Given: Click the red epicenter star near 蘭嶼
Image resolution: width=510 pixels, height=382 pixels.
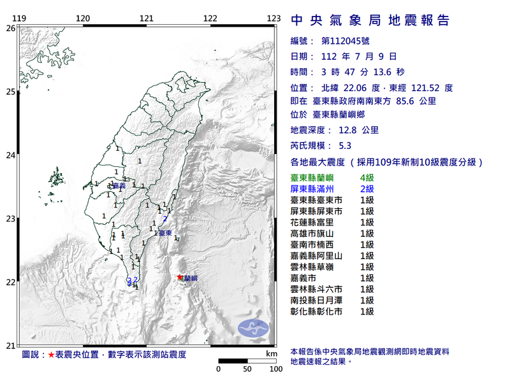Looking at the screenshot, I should pyautogui.click(x=180, y=277).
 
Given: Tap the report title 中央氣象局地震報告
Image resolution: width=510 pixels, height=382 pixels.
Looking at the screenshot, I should pyautogui.click(x=370, y=20).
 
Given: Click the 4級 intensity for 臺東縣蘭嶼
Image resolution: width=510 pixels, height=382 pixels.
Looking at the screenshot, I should pyautogui.click(x=367, y=177).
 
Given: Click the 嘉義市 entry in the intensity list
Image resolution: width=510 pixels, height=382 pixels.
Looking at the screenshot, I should pyautogui.click(x=305, y=278).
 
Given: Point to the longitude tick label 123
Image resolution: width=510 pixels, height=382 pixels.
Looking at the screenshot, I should pyautogui.click(x=274, y=18).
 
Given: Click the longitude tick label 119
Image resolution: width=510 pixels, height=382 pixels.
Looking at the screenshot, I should pyautogui.click(x=19, y=18).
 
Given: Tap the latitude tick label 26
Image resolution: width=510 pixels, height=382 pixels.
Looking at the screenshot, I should pyautogui.click(x=10, y=28).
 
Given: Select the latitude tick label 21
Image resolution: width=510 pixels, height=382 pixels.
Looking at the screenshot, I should pyautogui.click(x=10, y=346).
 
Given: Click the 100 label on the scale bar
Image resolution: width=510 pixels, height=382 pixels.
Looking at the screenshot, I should pyautogui.click(x=276, y=369).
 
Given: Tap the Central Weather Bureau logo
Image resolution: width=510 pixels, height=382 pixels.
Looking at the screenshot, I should pyautogui.click(x=254, y=329).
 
